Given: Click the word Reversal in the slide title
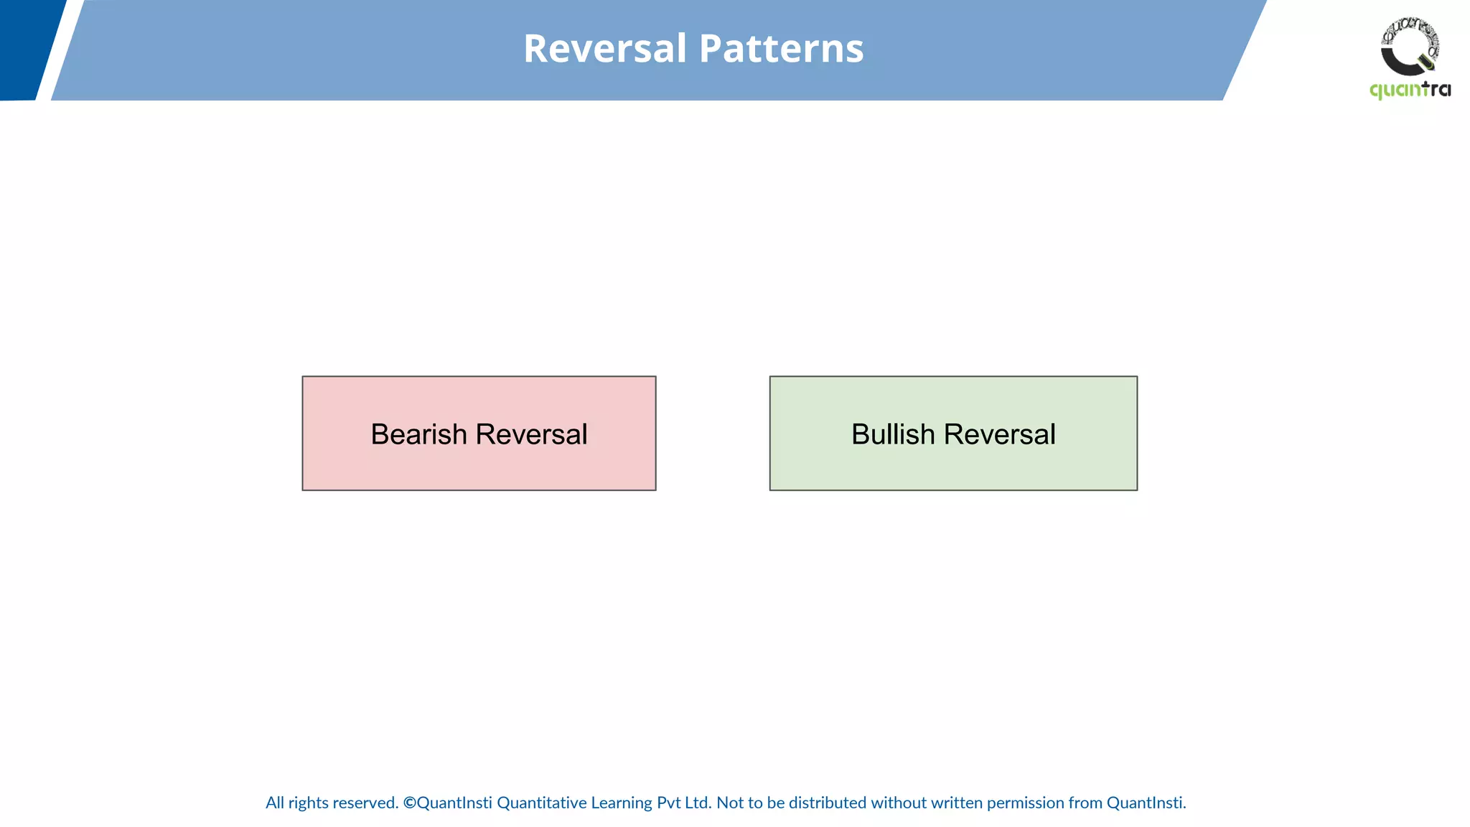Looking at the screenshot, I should click(605, 49).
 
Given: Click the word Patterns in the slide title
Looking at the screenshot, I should click(781, 49).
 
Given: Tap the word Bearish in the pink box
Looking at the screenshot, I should click(418, 434).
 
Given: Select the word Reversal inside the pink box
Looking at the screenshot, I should click(531, 434).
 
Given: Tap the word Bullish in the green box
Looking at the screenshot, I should click(893, 434).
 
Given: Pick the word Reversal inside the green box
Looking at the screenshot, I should click(999, 434).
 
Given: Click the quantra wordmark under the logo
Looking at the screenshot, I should click(1410, 90).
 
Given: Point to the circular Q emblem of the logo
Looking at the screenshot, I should click(1410, 47).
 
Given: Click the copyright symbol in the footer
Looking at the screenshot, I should click(409, 803).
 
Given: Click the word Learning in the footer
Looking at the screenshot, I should click(622, 803).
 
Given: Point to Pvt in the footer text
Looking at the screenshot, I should click(669, 803).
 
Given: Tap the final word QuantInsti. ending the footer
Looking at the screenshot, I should click(1146, 803).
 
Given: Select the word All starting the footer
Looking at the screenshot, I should click(275, 803).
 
